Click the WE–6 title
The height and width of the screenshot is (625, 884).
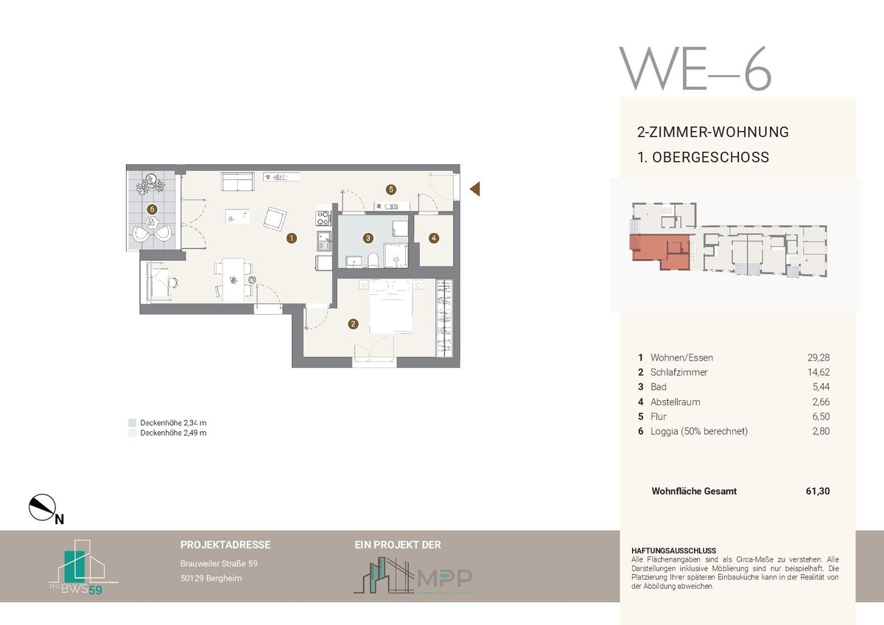695,69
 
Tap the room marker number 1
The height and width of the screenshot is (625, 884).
292,238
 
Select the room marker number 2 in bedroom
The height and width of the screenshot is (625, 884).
353,324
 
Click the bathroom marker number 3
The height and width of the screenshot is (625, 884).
368,238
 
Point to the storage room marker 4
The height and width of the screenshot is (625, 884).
434,238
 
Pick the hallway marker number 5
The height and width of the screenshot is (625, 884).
390,189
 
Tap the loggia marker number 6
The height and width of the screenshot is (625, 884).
152,209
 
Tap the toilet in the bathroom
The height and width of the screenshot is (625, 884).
373,260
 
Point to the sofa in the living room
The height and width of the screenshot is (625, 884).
237,181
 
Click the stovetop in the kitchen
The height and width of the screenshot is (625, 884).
323,218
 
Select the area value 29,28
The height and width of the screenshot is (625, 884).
818,357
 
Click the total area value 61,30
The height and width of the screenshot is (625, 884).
818,491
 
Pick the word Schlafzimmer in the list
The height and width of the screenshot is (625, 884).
678,372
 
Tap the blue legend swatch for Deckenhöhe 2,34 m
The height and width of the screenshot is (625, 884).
132,423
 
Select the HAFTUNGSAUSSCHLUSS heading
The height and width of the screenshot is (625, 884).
673,551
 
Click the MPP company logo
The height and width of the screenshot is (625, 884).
413,577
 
